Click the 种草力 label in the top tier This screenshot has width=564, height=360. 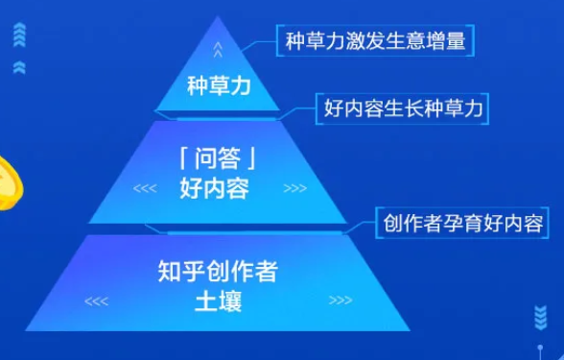(x=217, y=86)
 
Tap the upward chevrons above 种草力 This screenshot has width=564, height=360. (x=218, y=49)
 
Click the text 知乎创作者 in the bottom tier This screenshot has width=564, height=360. (x=217, y=272)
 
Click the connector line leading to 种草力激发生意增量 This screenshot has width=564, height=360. (x=257, y=42)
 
